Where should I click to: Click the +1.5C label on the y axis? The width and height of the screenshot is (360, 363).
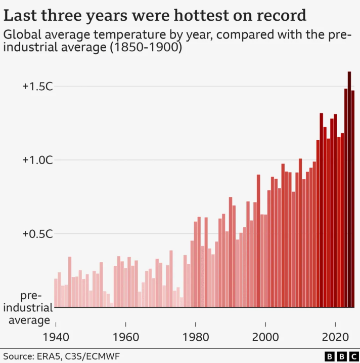37,86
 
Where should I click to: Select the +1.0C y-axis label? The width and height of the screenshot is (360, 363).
37,160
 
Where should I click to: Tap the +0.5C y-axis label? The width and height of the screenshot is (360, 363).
37,234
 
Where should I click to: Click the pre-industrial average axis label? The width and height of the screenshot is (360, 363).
29,308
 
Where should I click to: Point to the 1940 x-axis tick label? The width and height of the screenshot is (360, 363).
55,338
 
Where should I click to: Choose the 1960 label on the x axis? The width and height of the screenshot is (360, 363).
125,338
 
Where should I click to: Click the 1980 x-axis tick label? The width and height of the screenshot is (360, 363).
195,338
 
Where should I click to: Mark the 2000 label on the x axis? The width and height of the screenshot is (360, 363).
265,338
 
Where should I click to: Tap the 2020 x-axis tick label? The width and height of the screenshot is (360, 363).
335,338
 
